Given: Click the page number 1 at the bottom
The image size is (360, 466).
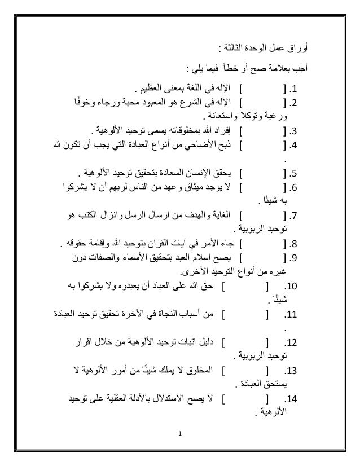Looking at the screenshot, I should tap(179, 434).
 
